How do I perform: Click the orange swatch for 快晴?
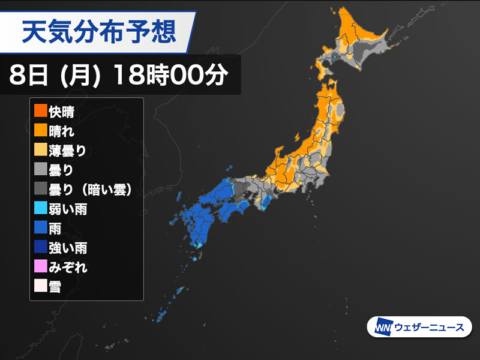point(40,111)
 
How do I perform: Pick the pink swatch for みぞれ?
point(40,266)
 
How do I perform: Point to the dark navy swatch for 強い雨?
point(40,247)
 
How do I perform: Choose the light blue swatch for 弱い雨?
point(40,208)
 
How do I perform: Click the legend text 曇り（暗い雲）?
point(90,189)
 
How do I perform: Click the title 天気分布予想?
point(99,31)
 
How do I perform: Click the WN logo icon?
point(382,328)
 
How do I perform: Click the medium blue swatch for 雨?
point(40,228)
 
